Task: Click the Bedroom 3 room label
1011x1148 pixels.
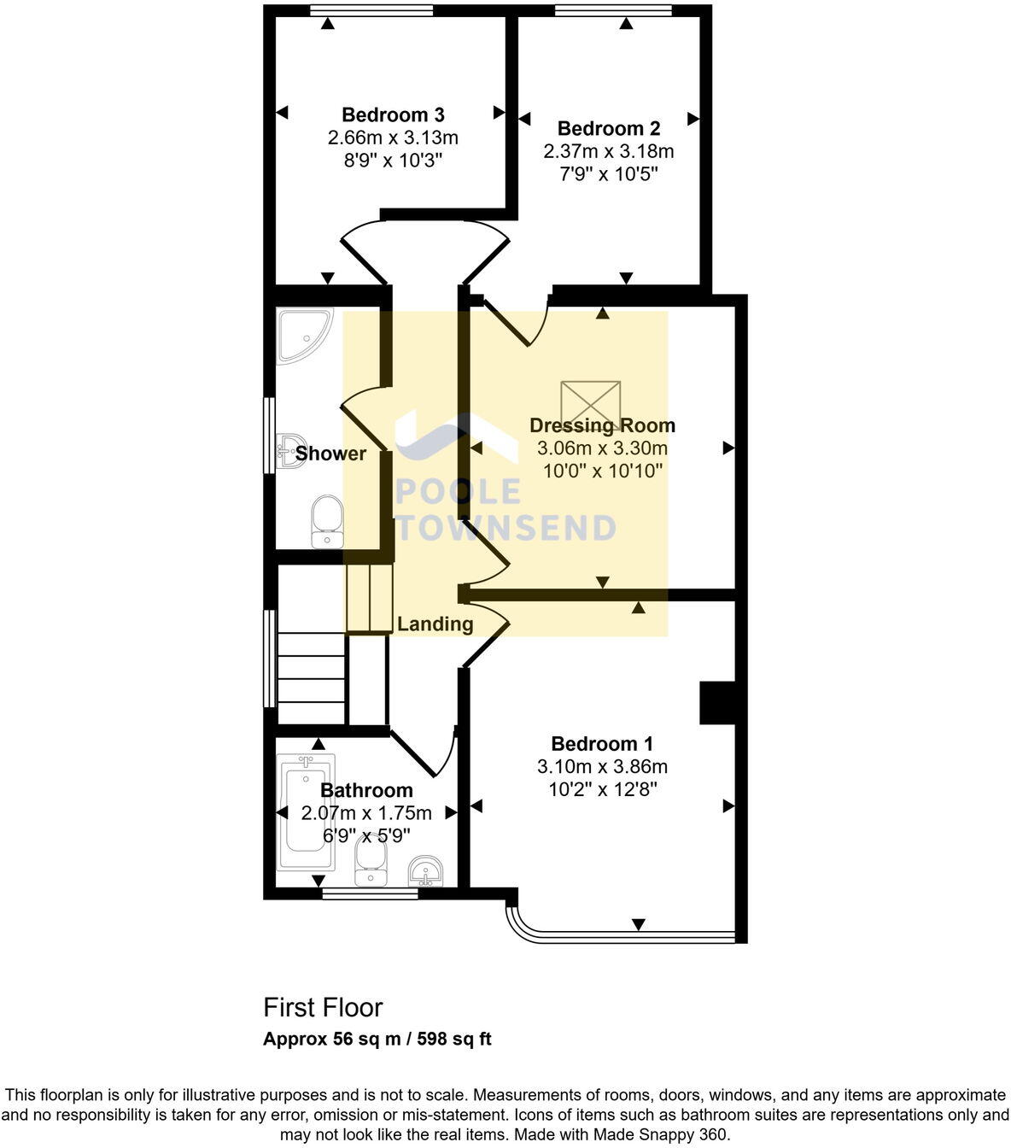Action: pos(393,114)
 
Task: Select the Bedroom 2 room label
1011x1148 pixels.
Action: pos(608,128)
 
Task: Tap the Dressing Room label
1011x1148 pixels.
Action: pos(602,425)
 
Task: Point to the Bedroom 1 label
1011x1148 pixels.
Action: pos(602,743)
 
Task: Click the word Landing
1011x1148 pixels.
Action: pos(435,624)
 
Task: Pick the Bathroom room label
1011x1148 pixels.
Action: pos(366,790)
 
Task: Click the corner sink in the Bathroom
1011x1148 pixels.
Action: pos(425,870)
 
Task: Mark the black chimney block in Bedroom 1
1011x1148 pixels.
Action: pos(717,702)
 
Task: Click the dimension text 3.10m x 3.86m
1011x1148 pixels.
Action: pos(602,766)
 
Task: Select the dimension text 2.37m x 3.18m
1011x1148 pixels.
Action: pos(608,151)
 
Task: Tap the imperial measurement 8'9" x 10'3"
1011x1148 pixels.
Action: pos(393,161)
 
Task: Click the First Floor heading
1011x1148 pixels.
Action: pos(323,1008)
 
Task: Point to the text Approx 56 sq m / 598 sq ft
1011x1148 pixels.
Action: pos(377,1040)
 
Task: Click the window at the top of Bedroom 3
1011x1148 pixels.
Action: pos(371,10)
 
